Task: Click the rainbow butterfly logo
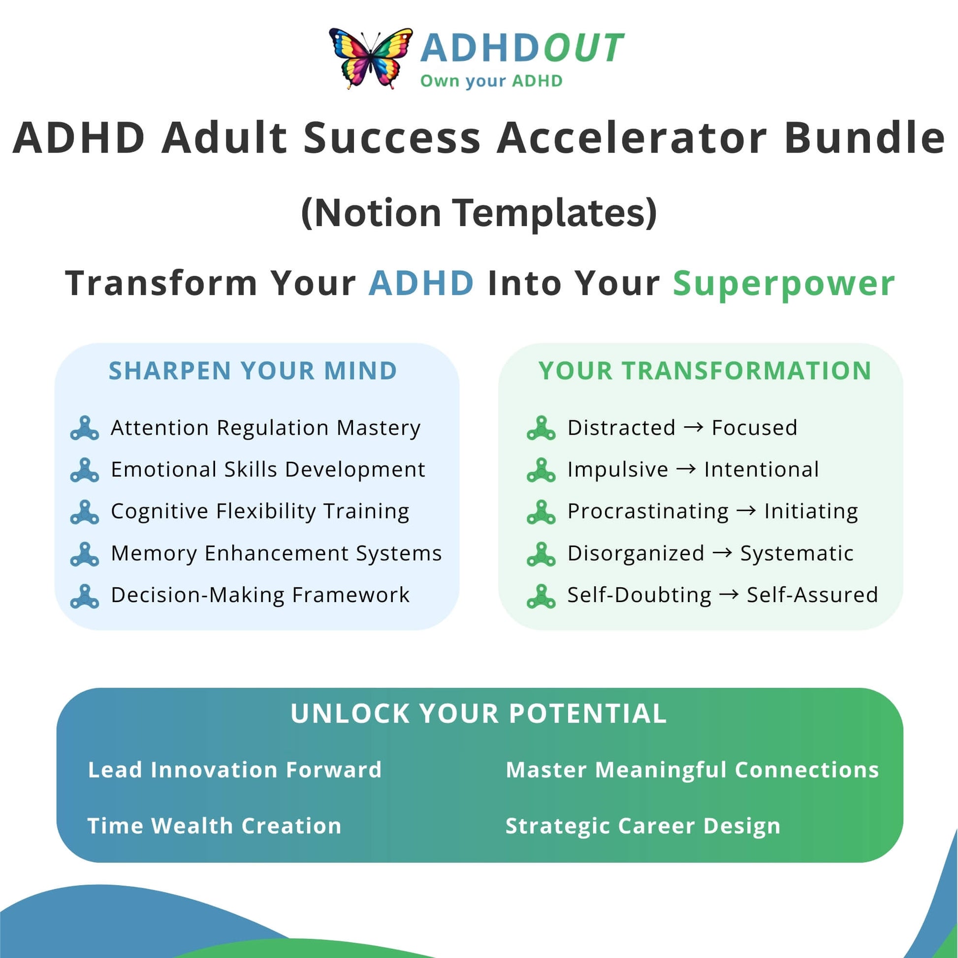pos(370,58)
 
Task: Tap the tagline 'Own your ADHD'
pos(491,81)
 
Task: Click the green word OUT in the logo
pos(583,48)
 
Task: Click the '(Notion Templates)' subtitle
pos(479,213)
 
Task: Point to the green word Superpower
pos(784,284)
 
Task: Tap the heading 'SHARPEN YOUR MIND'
pos(253,370)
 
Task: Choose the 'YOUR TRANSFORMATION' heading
pos(705,370)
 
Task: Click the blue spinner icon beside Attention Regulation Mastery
pos(85,428)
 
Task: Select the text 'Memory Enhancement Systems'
pos(276,553)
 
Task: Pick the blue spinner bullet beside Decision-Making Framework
pos(85,596)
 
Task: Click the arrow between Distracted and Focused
pos(694,427)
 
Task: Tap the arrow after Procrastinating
pos(746,511)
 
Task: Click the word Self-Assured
pos(812,595)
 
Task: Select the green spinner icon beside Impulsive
pos(541,470)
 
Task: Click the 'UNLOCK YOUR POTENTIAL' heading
pos(479,713)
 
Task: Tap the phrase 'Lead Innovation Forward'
pos(235,769)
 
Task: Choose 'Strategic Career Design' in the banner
pos(643,826)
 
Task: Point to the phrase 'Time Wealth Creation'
pos(215,826)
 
